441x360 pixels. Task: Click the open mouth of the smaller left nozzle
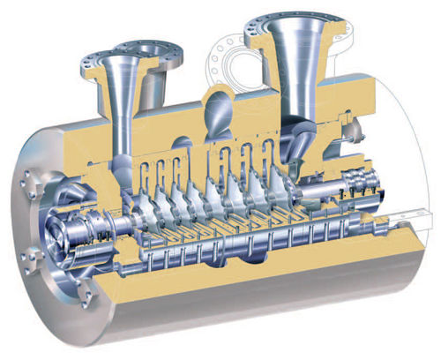pyautogui.click(x=106, y=62)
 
